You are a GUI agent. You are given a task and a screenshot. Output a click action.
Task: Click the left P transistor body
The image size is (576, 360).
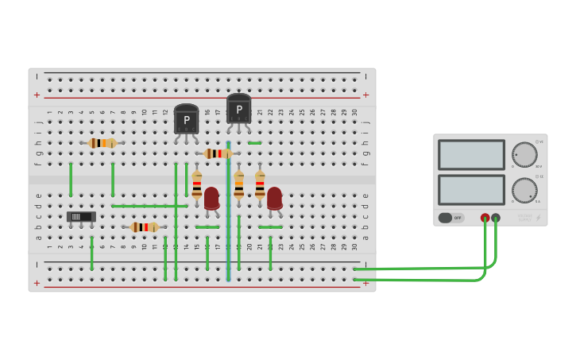pyautogui.click(x=186, y=119)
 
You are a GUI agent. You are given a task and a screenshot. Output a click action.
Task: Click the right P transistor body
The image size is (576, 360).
pyautogui.click(x=238, y=109)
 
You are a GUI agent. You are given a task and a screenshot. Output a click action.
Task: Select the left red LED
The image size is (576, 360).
pyautogui.click(x=211, y=198)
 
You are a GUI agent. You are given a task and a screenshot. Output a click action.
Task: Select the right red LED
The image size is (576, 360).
pyautogui.click(x=274, y=198)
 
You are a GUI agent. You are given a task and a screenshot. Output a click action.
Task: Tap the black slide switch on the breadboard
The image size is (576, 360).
pyautogui.click(x=81, y=216)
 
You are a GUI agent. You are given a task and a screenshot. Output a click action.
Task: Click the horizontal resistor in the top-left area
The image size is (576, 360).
pyautogui.click(x=102, y=143)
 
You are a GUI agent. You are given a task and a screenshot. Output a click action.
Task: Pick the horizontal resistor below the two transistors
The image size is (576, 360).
pyautogui.click(x=217, y=153)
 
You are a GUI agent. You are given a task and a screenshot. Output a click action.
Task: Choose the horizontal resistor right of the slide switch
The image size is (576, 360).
pyautogui.click(x=145, y=227)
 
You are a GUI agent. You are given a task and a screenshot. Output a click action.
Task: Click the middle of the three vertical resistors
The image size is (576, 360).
pyautogui.click(x=238, y=184)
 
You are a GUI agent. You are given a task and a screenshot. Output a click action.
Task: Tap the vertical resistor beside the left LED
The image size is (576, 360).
pyautogui.click(x=197, y=184)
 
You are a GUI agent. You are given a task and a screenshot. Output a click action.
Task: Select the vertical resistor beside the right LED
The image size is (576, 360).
pyautogui.click(x=260, y=184)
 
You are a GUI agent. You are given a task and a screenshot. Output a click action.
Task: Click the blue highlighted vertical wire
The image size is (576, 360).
pyautogui.click(x=229, y=215)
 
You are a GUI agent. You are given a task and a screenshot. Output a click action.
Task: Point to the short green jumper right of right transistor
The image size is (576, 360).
pyautogui.click(x=254, y=143)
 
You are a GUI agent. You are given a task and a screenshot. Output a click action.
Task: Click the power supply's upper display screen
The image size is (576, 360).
pyautogui.click(x=471, y=155)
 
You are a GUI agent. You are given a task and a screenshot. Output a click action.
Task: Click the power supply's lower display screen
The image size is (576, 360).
pyautogui.click(x=471, y=190)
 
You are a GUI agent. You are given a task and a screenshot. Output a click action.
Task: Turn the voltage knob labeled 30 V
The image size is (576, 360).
pyautogui.click(x=524, y=154)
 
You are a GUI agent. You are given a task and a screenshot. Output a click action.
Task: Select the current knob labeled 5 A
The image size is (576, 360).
pyautogui.click(x=524, y=190)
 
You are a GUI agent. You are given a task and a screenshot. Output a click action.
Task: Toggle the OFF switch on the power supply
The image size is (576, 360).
pyautogui.click(x=450, y=218)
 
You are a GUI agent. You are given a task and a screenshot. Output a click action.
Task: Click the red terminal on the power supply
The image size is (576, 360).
pyautogui.click(x=485, y=218)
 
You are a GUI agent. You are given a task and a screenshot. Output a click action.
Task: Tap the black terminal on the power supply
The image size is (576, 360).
pyautogui.click(x=496, y=218)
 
